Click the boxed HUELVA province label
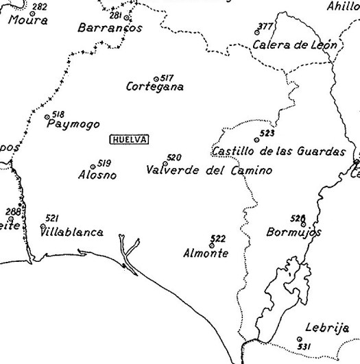(130, 138)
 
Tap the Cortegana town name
(155, 87)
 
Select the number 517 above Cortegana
(167, 78)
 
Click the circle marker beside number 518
(47, 117)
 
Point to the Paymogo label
(73, 125)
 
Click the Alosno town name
(97, 175)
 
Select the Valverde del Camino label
(209, 169)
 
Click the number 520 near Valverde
(174, 158)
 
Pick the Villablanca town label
(72, 232)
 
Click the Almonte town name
(206, 253)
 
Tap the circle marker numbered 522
(211, 245)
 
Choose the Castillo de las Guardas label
(278, 151)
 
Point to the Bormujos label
(293, 232)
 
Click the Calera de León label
(295, 45)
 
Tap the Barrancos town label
(110, 29)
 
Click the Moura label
(28, 21)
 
